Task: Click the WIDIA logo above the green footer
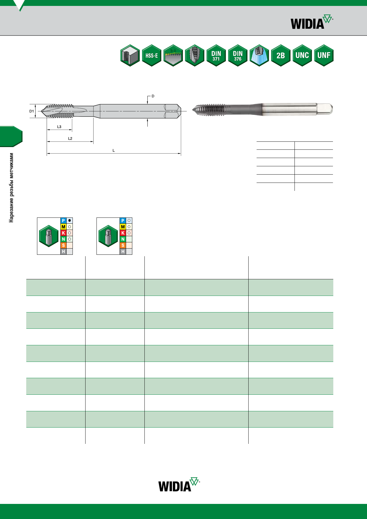(179, 484)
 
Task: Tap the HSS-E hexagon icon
(152, 55)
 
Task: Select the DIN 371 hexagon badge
(216, 55)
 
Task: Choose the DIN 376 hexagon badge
(238, 55)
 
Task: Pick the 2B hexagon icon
(281, 55)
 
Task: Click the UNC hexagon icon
(302, 55)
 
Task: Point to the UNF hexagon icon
(324, 55)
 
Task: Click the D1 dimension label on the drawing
(32, 111)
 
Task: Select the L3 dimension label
(59, 127)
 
